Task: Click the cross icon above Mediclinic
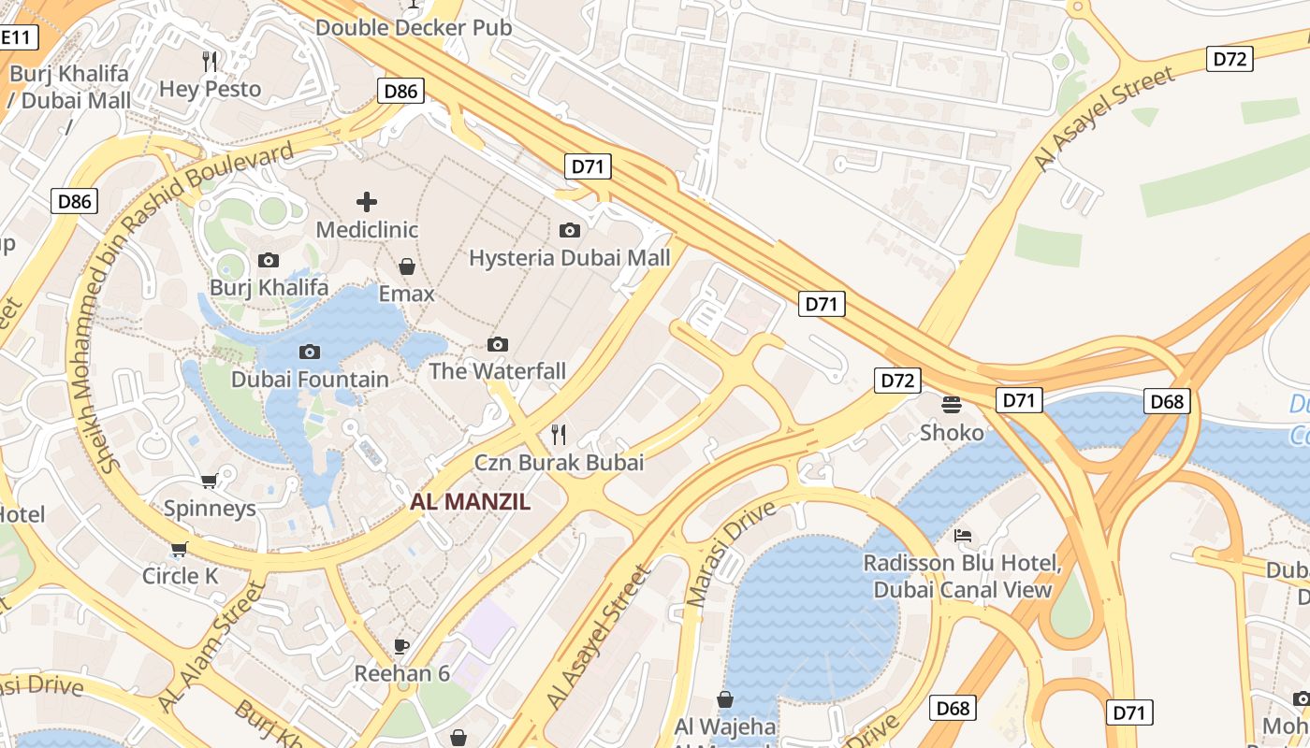pyautogui.click(x=367, y=201)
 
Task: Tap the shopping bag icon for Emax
pyautogui.click(x=407, y=267)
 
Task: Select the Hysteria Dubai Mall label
pyautogui.click(x=569, y=257)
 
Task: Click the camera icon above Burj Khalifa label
pyautogui.click(x=269, y=260)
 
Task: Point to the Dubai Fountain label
pyautogui.click(x=310, y=380)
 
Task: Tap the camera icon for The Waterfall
pyautogui.click(x=498, y=345)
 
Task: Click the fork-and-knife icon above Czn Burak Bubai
pyautogui.click(x=559, y=434)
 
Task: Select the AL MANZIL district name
pyautogui.click(x=470, y=502)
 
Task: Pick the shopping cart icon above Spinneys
pyautogui.click(x=210, y=481)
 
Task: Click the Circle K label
pyautogui.click(x=180, y=576)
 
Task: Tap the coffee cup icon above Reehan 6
pyautogui.click(x=401, y=645)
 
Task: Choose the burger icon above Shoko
pyautogui.click(x=952, y=404)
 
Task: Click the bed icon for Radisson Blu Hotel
pyautogui.click(x=962, y=536)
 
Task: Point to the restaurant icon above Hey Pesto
pyautogui.click(x=210, y=62)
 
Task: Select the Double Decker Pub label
pyautogui.click(x=414, y=27)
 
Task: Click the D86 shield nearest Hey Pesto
pyautogui.click(x=400, y=91)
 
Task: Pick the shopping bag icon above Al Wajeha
pyautogui.click(x=725, y=698)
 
